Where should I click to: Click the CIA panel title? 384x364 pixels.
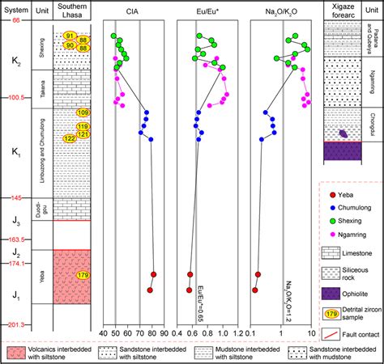click(132, 11)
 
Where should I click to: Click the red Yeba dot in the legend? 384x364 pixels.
click(331, 193)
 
